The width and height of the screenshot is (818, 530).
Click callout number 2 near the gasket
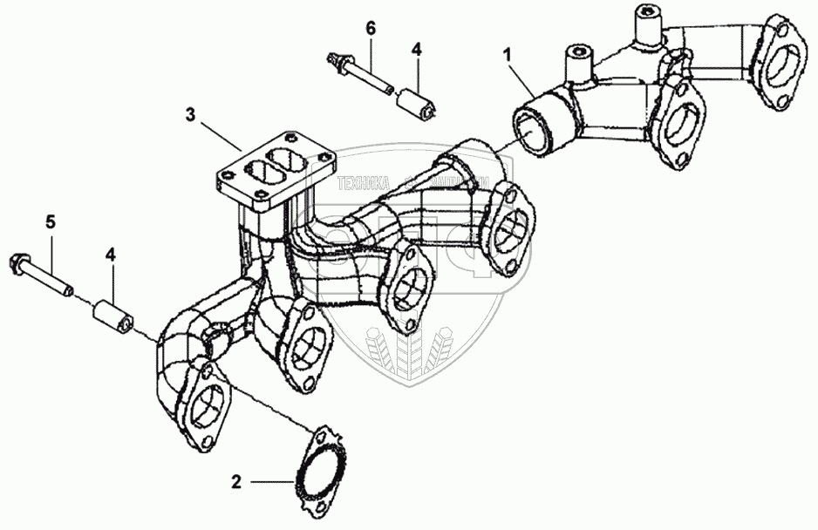pyautogui.click(x=235, y=480)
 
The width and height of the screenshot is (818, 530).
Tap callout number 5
pyautogui.click(x=51, y=222)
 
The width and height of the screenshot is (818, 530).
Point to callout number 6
pyautogui.click(x=371, y=29)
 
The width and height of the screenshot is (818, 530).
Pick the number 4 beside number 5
pyautogui.click(x=110, y=254)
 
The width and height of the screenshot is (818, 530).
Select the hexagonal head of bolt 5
pyautogui.click(x=18, y=262)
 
